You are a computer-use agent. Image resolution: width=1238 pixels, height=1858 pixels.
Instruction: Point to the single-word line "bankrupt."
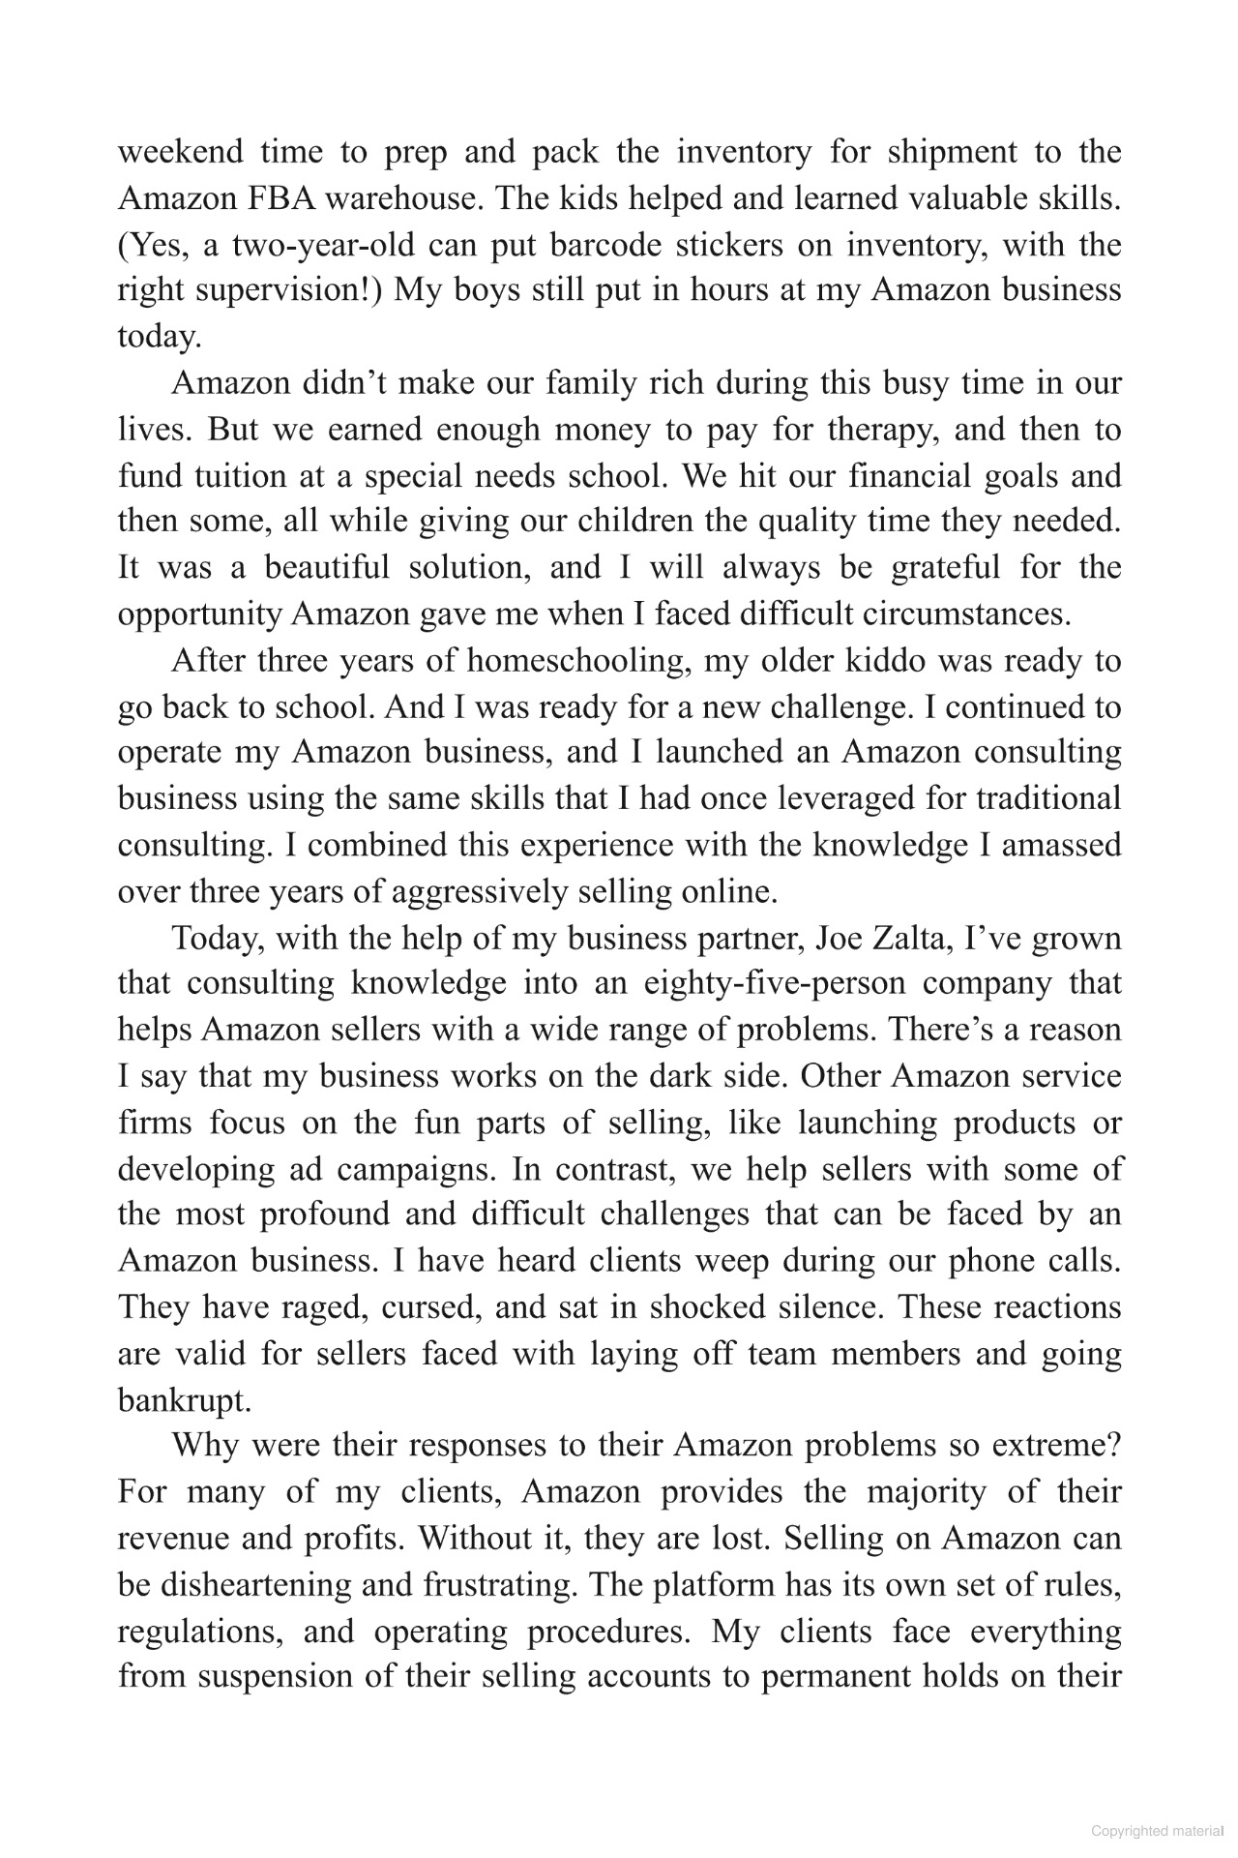[x=184, y=1401]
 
